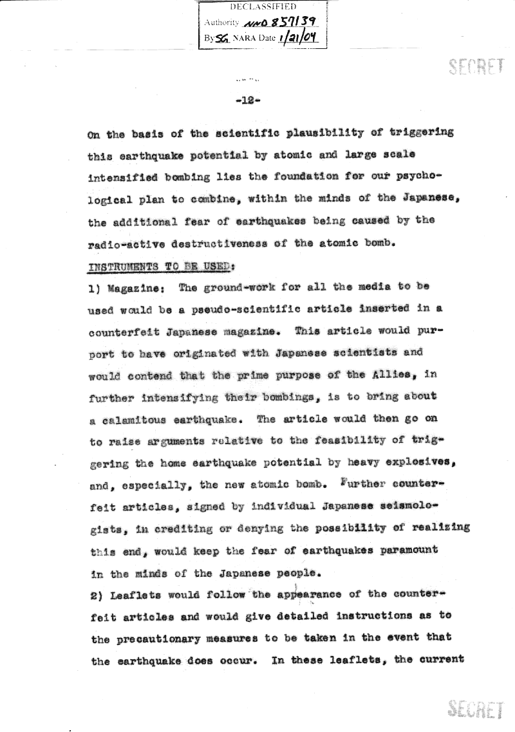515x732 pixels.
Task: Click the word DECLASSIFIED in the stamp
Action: coord(263,6)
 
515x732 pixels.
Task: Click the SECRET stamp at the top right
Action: coord(476,66)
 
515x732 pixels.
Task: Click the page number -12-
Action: coord(248,100)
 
